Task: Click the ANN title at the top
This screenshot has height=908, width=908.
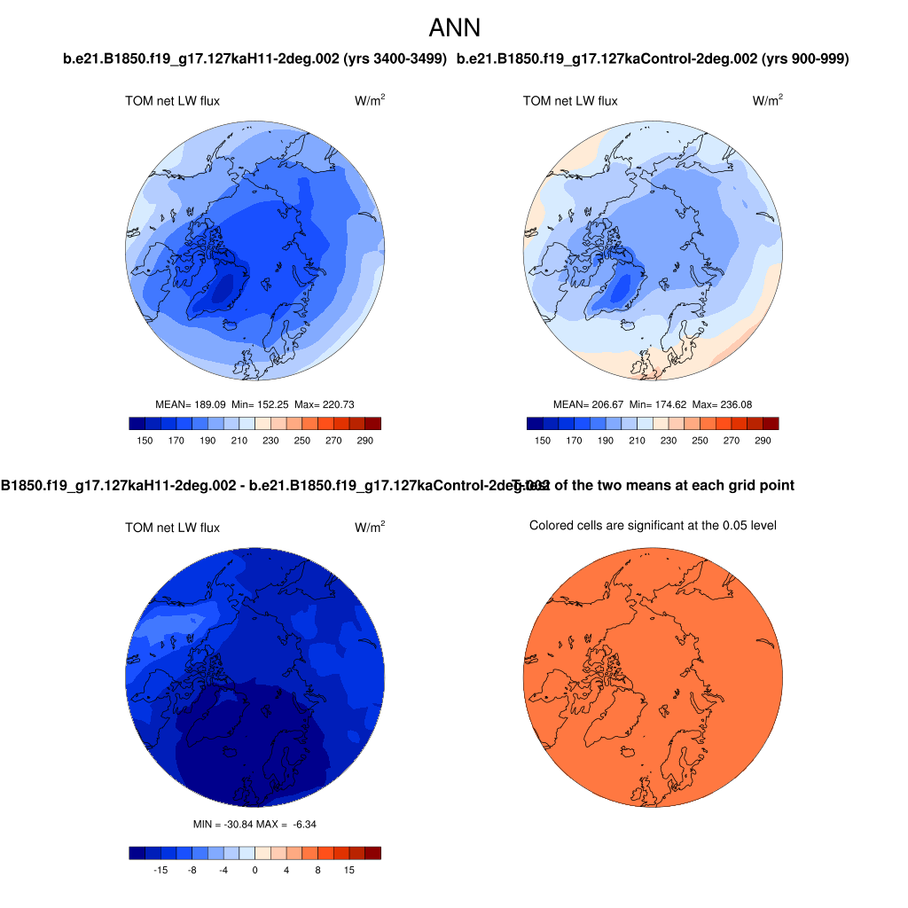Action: click(x=454, y=28)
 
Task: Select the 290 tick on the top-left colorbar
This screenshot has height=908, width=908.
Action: click(x=365, y=441)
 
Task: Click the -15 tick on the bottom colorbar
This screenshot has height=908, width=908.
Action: click(x=160, y=872)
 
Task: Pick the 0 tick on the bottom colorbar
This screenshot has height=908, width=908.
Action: click(x=254, y=872)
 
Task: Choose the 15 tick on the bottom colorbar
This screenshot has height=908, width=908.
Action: click(x=349, y=872)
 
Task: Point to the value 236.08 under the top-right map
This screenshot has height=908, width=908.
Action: click(x=734, y=404)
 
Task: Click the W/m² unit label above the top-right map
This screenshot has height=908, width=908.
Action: click(x=768, y=101)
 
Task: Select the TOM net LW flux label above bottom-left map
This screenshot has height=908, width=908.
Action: click(x=172, y=528)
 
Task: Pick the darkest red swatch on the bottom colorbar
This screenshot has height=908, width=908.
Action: click(x=372, y=853)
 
